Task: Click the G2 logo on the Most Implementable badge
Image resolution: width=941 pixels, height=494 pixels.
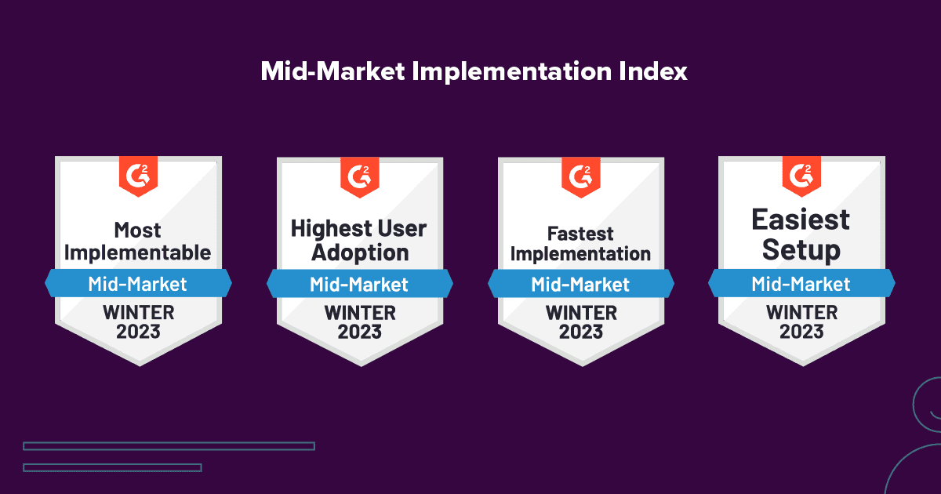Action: (x=138, y=173)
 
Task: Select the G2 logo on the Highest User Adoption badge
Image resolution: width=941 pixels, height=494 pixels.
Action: (x=360, y=173)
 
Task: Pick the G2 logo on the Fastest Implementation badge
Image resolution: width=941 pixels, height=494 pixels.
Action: (x=581, y=173)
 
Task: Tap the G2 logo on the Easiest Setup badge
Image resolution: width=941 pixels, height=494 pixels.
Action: (x=801, y=173)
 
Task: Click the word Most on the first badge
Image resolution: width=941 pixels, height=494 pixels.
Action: (x=138, y=231)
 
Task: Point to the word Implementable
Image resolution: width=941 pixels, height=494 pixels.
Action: (x=138, y=252)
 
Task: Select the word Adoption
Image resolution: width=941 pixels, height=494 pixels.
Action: (x=360, y=252)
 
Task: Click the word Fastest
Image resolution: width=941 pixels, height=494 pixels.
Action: (x=581, y=234)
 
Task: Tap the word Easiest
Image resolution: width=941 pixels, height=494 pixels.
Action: (x=801, y=220)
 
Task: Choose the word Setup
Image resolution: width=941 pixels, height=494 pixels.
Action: (x=801, y=250)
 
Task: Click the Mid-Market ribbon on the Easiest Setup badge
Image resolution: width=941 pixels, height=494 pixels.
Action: (x=801, y=283)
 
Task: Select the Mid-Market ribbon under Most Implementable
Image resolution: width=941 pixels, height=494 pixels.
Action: (x=138, y=283)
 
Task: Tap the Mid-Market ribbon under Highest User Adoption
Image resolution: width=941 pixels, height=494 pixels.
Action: (x=360, y=283)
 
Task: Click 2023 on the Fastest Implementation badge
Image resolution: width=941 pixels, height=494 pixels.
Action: (x=581, y=332)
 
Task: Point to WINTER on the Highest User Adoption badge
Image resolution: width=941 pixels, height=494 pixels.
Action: (x=360, y=313)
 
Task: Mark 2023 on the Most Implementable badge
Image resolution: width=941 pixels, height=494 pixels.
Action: (x=138, y=332)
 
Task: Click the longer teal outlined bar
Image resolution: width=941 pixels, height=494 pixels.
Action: (x=169, y=446)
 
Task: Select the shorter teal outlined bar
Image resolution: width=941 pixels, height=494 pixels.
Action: (x=112, y=467)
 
